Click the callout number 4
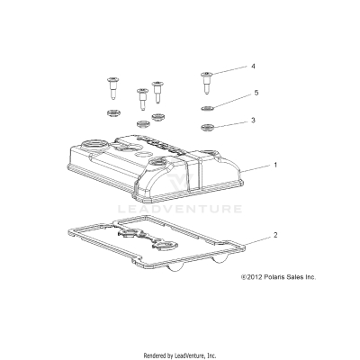pos(253,67)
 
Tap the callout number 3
pos(253,120)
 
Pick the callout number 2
pos(275,235)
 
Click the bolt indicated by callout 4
pos(208,80)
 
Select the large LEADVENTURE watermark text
pos(180,210)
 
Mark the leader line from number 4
pos(230,69)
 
